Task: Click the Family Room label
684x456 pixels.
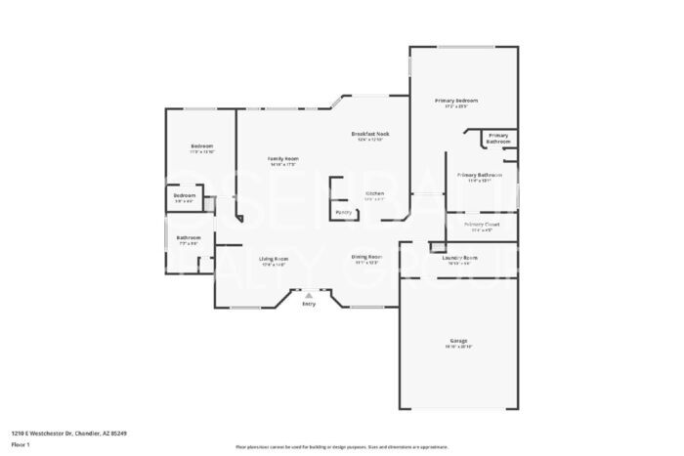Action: pos(283,158)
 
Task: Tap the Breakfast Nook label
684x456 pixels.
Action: pos(370,133)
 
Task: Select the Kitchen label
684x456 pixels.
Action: pos(374,193)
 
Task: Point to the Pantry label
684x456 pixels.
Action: pos(344,212)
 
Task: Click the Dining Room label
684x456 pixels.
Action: pos(366,257)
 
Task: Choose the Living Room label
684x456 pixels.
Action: pos(274,259)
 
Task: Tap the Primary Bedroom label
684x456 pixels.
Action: pos(456,101)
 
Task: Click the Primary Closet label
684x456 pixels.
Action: pos(483,224)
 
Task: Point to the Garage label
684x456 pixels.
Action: pos(458,341)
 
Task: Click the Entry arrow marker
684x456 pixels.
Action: pos(309,294)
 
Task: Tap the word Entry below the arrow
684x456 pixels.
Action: pos(309,304)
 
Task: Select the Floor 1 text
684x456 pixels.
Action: pos(21,444)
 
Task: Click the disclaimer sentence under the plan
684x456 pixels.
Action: pos(341,446)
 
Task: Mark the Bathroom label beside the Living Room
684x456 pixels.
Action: pos(189,237)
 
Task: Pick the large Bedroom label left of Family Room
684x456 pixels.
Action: pos(202,146)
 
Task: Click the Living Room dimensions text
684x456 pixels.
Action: pos(274,265)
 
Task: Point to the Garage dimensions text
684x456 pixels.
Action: pos(458,347)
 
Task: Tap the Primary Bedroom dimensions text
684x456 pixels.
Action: pos(456,106)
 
